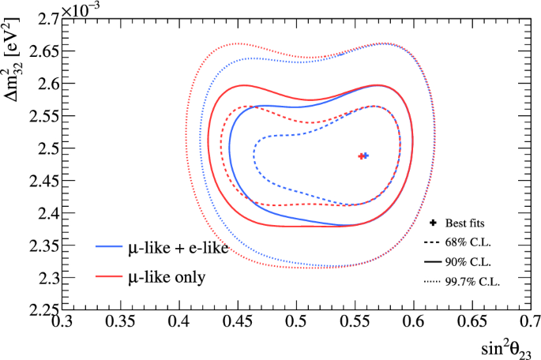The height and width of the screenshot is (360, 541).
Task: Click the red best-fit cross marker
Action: [361, 156]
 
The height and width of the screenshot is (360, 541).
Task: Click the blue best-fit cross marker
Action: [366, 156]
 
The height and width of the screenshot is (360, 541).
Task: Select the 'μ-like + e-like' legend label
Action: [178, 249]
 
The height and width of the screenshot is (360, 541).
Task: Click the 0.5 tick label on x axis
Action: [296, 323]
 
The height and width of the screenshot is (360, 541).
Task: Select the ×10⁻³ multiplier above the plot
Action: [83, 6]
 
